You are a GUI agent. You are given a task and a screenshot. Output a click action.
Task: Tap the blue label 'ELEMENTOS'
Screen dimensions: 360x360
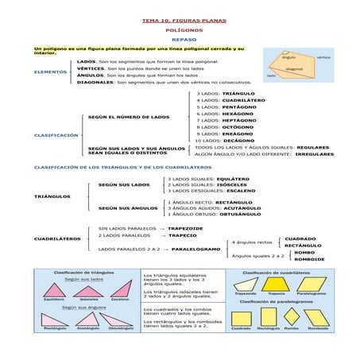[x=50, y=72]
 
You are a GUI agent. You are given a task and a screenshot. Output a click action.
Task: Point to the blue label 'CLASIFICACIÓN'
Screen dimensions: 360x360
[x=56, y=134]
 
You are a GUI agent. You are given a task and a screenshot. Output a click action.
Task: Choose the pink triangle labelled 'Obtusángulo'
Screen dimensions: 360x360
[x=120, y=319]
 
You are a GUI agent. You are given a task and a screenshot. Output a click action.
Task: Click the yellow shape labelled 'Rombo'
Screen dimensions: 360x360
[x=292, y=319]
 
